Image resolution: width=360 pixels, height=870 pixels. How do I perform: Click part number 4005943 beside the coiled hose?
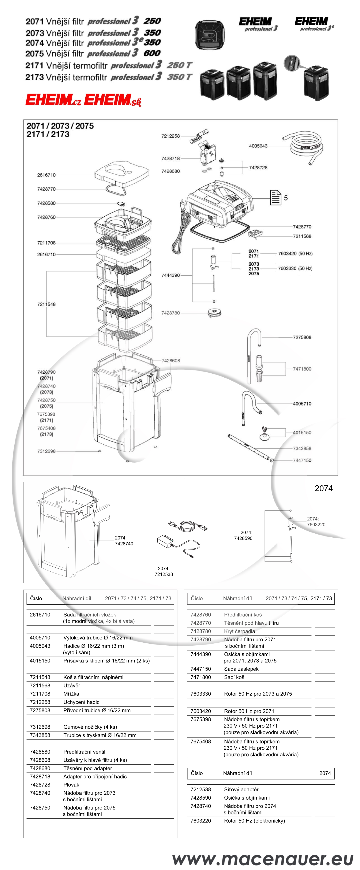tap(258, 146)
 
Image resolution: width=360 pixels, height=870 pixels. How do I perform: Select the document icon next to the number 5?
tap(275, 198)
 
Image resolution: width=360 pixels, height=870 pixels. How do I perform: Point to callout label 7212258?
tap(170, 136)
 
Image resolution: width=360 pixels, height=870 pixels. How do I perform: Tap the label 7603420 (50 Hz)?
tap(295, 254)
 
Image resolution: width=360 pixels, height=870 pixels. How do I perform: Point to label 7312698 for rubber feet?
tap(46, 451)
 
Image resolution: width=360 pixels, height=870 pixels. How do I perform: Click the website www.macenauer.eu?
tap(262, 858)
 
